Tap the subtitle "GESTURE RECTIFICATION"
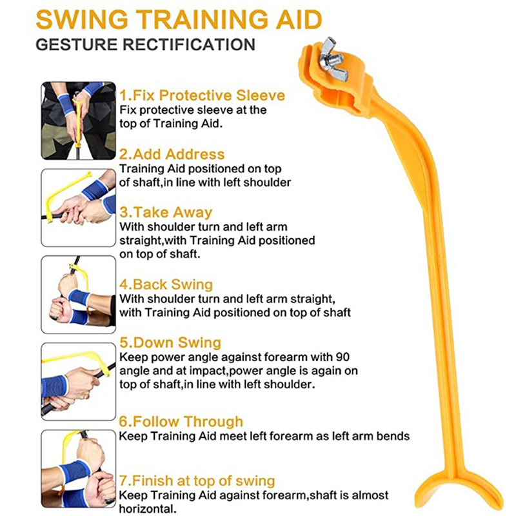(146, 45)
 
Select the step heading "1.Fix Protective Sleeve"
(202, 95)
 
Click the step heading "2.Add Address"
(172, 154)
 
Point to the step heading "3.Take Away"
(166, 212)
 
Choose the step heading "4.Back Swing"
(166, 284)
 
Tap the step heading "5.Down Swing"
(170, 342)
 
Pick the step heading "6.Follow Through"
(181, 422)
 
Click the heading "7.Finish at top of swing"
(197, 481)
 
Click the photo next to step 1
(78, 121)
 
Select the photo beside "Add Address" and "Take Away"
(78, 208)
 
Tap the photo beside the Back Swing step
(78, 295)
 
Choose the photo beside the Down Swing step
(78, 381)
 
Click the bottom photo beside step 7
(78, 469)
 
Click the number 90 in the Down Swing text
(342, 357)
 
